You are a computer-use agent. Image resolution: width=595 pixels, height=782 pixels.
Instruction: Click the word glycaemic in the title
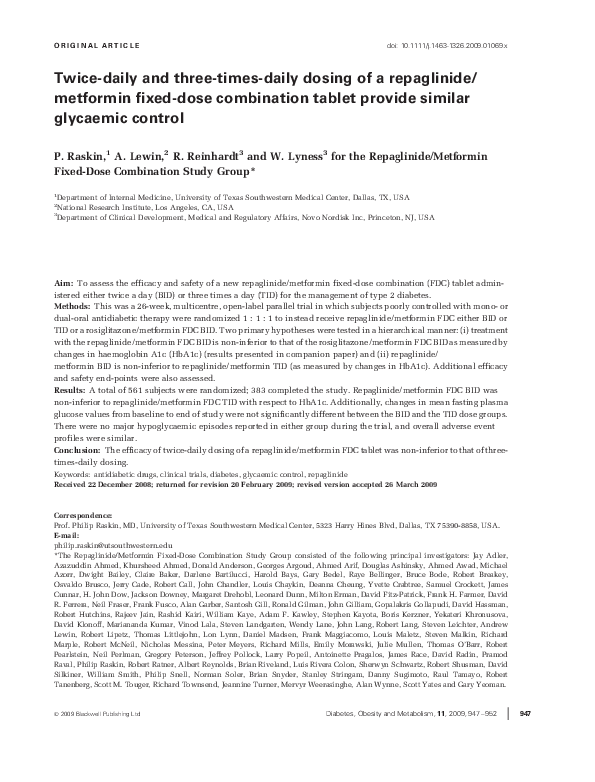click(x=87, y=116)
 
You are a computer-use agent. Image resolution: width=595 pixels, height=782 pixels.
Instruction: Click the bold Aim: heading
click(x=62, y=285)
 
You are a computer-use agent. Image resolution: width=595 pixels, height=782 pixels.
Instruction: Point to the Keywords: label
click(x=72, y=472)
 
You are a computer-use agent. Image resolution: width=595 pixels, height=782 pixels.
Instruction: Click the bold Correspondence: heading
click(x=81, y=514)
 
